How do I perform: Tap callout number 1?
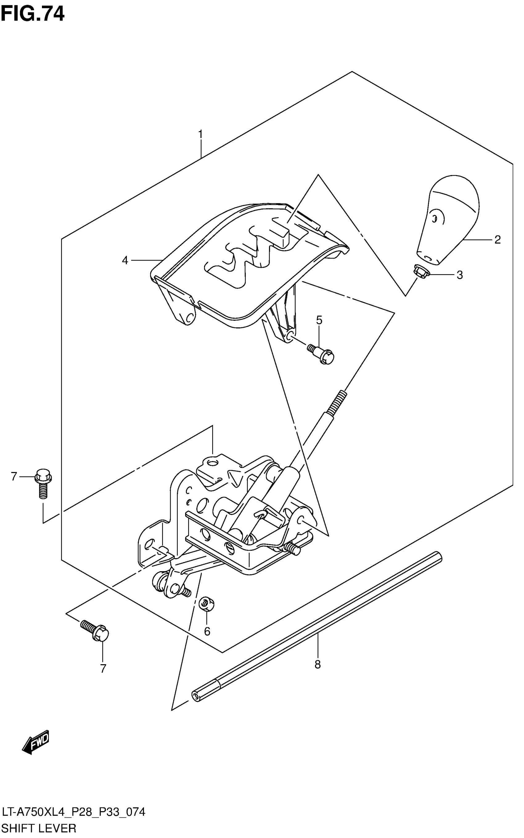(200, 134)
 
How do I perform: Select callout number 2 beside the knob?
(497, 240)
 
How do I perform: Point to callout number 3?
(460, 275)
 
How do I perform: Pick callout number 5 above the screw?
(319, 320)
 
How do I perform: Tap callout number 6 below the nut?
(207, 632)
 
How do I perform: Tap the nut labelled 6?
(207, 604)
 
